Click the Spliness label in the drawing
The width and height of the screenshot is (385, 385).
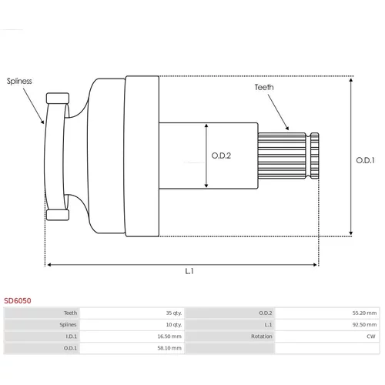pos(19,81)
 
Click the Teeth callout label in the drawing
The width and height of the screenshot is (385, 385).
pos(264,87)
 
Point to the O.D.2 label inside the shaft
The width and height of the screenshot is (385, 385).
pos(221,156)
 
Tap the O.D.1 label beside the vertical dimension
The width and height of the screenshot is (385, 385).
pos(365,160)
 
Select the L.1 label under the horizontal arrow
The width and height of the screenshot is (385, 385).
pos(189,271)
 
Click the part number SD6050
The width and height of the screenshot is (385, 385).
pos(18,300)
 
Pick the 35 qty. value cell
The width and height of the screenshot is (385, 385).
pos(174,313)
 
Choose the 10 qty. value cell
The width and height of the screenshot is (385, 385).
pos(174,325)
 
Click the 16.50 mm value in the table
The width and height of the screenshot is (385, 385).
pos(169,336)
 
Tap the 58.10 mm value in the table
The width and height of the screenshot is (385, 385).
pos(169,348)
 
